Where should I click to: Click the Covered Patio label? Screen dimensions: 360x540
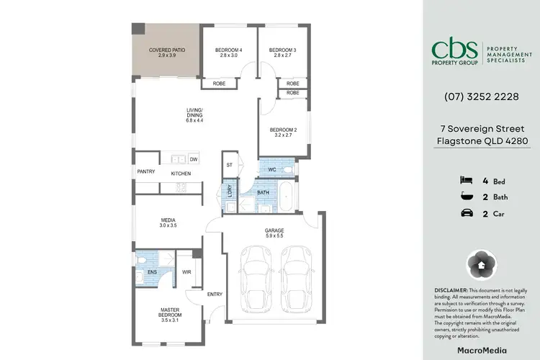click(164, 53)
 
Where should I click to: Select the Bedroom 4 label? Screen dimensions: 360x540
click(228, 53)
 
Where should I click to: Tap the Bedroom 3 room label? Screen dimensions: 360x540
click(282, 53)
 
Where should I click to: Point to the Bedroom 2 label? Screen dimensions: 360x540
click(283, 132)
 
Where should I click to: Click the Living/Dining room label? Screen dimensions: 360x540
click(194, 115)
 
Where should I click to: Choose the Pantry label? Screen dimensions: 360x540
click(146, 172)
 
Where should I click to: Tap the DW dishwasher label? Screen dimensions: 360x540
click(194, 159)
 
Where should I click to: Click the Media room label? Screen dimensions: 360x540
click(168, 222)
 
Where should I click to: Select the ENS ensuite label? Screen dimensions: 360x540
click(152, 272)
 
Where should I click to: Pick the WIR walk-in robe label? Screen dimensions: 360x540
click(186, 272)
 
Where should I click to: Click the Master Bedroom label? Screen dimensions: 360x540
click(171, 314)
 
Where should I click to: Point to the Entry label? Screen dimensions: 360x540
click(215, 294)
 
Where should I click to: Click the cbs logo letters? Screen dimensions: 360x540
click(456, 48)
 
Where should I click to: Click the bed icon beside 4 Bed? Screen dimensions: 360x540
click(465, 180)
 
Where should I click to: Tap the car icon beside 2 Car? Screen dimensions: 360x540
click(465, 213)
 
